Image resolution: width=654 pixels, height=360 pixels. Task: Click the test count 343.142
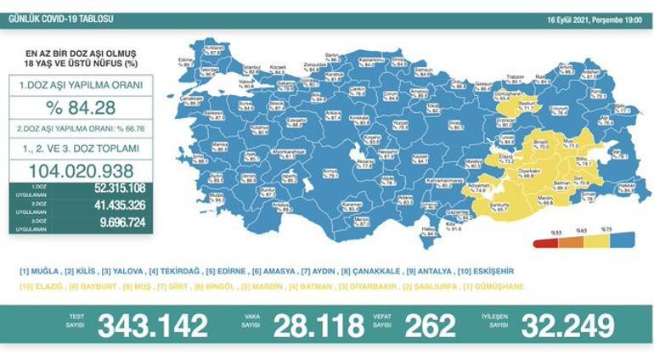[x=152, y=325]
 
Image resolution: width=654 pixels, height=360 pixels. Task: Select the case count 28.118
[x=302, y=325]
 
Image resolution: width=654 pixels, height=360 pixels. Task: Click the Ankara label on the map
[x=327, y=113]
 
